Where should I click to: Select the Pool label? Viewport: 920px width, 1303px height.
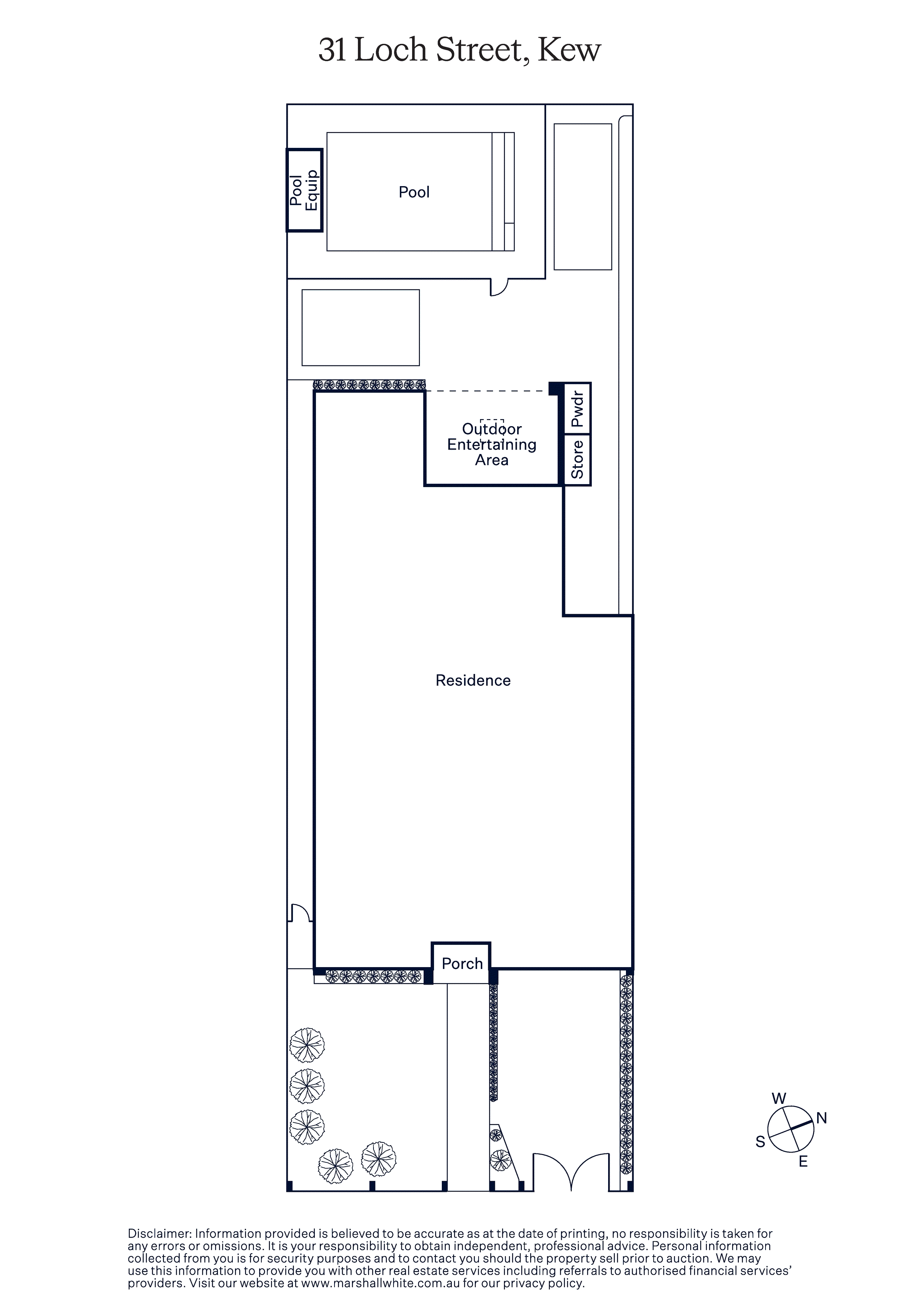(414, 192)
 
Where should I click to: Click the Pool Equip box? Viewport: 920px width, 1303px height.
(304, 190)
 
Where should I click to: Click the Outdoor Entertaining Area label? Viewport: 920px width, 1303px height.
(492, 444)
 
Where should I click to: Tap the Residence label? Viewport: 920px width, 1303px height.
(473, 680)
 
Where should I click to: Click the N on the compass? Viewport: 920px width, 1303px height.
(821, 1118)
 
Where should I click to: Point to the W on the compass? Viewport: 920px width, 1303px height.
(779, 1098)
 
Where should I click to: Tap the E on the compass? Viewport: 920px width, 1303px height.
(803, 1162)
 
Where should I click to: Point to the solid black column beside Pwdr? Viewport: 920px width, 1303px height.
(556, 389)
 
